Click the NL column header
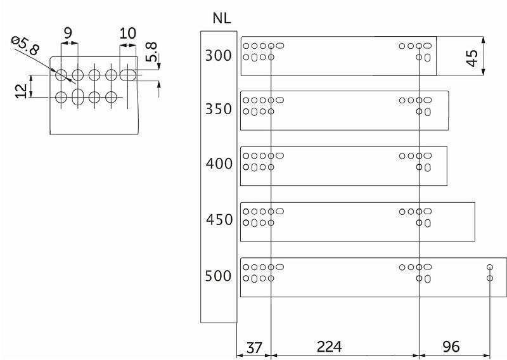pyautogui.click(x=222, y=18)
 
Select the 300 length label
pyautogui.click(x=219, y=56)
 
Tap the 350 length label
pyautogui.click(x=219, y=109)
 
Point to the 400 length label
pyautogui.click(x=219, y=164)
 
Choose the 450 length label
pyautogui.click(x=219, y=220)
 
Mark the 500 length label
pyautogui.click(x=218, y=276)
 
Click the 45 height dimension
pyautogui.click(x=472, y=58)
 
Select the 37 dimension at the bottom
pyautogui.click(x=254, y=348)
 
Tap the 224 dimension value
pyautogui.click(x=330, y=347)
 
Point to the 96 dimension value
pyautogui.click(x=451, y=347)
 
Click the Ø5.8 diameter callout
pyautogui.click(x=25, y=46)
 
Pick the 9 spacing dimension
pyautogui.click(x=68, y=33)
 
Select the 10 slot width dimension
pyautogui.click(x=128, y=33)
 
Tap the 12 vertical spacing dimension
pyautogui.click(x=22, y=91)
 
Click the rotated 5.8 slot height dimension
pyautogui.click(x=151, y=52)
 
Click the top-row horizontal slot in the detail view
pyautogui.click(x=128, y=75)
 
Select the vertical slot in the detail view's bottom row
pyautogui.click(x=77, y=97)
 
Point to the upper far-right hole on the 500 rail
pyautogui.click(x=490, y=267)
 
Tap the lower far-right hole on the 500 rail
pyautogui.click(x=490, y=278)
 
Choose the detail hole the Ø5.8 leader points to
pyautogui.click(x=61, y=75)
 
